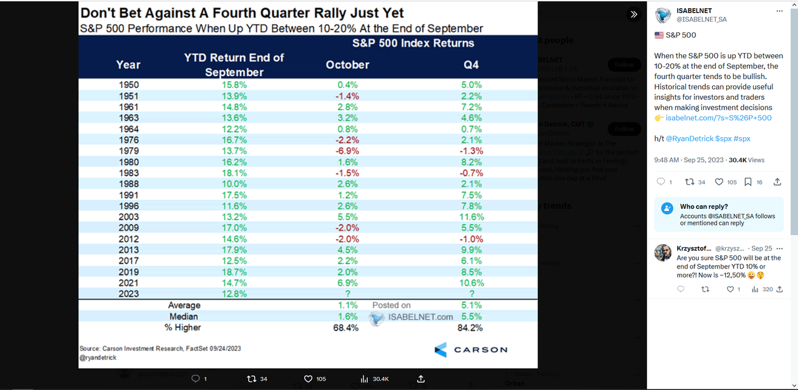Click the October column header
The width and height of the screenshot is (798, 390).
[x=347, y=65]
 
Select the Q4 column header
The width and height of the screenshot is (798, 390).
[x=471, y=65]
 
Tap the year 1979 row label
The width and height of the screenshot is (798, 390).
[x=128, y=151]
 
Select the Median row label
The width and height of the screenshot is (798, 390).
[x=184, y=316]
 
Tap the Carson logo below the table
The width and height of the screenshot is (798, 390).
[x=471, y=350]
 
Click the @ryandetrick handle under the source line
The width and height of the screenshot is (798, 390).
[x=98, y=358]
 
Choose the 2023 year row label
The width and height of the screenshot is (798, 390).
[x=128, y=293]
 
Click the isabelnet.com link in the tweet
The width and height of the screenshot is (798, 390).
[x=718, y=118]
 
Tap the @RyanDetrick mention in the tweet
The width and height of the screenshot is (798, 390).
[x=688, y=137]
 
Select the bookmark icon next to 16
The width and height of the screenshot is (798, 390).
[x=748, y=182]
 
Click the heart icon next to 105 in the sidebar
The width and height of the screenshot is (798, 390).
[x=719, y=182]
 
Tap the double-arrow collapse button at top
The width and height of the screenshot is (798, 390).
[x=633, y=14]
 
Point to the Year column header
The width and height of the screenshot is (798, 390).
[x=128, y=65]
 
